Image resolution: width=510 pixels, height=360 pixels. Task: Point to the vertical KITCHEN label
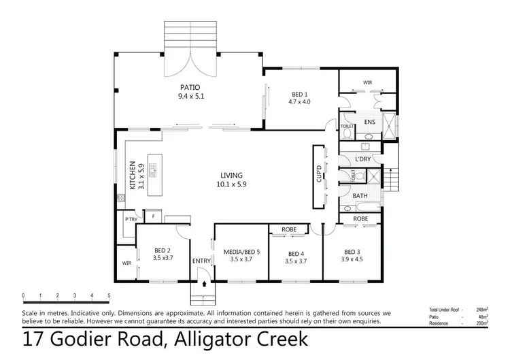[133, 176]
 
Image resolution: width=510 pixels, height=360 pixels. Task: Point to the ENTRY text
[202, 261]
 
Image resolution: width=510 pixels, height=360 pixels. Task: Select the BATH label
[360, 196]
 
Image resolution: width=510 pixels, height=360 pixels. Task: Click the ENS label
[369, 122]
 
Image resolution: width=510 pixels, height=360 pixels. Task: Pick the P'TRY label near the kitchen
[130, 219]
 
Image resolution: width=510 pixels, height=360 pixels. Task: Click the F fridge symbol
[154, 217]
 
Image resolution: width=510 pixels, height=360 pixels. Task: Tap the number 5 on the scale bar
[109, 295]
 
